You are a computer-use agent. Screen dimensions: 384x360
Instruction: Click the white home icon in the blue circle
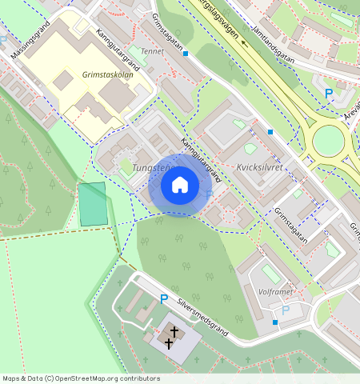(180, 185)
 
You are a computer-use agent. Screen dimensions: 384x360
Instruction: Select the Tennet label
(152, 51)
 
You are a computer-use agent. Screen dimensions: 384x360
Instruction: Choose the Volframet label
(278, 292)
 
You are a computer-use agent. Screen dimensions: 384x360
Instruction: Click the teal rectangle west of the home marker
(93, 204)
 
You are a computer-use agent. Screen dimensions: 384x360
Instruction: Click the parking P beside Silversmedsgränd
(164, 299)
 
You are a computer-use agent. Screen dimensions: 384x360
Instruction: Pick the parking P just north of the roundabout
(328, 94)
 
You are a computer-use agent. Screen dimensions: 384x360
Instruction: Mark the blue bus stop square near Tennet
(186, 54)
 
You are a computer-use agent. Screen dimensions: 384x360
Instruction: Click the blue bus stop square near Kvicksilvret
(270, 131)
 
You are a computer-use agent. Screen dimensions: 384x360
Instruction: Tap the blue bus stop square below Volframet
(275, 322)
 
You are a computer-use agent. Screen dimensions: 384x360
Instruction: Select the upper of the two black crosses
(174, 330)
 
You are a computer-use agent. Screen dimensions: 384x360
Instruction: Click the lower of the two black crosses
(169, 343)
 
